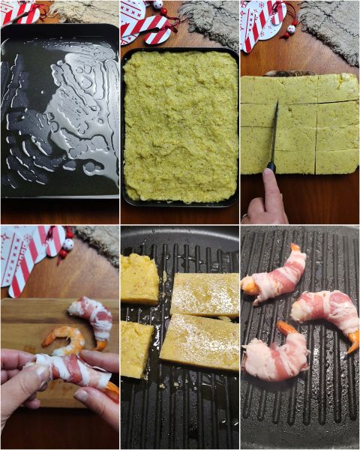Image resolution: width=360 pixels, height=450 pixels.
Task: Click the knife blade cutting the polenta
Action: (274, 131)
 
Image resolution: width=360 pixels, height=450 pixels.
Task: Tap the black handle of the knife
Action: (271, 167)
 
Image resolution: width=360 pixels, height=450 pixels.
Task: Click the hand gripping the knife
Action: (264, 199)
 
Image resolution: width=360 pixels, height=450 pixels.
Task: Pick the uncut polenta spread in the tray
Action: (179, 124)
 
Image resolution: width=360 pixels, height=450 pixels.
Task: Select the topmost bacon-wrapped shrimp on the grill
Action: (277, 277)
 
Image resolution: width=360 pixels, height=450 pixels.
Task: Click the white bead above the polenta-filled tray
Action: (158, 4)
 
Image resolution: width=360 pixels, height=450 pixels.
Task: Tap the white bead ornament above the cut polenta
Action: (290, 29)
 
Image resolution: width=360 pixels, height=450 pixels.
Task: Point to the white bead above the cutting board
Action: (68, 244)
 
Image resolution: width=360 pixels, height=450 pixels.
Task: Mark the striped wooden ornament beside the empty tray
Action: (19, 13)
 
